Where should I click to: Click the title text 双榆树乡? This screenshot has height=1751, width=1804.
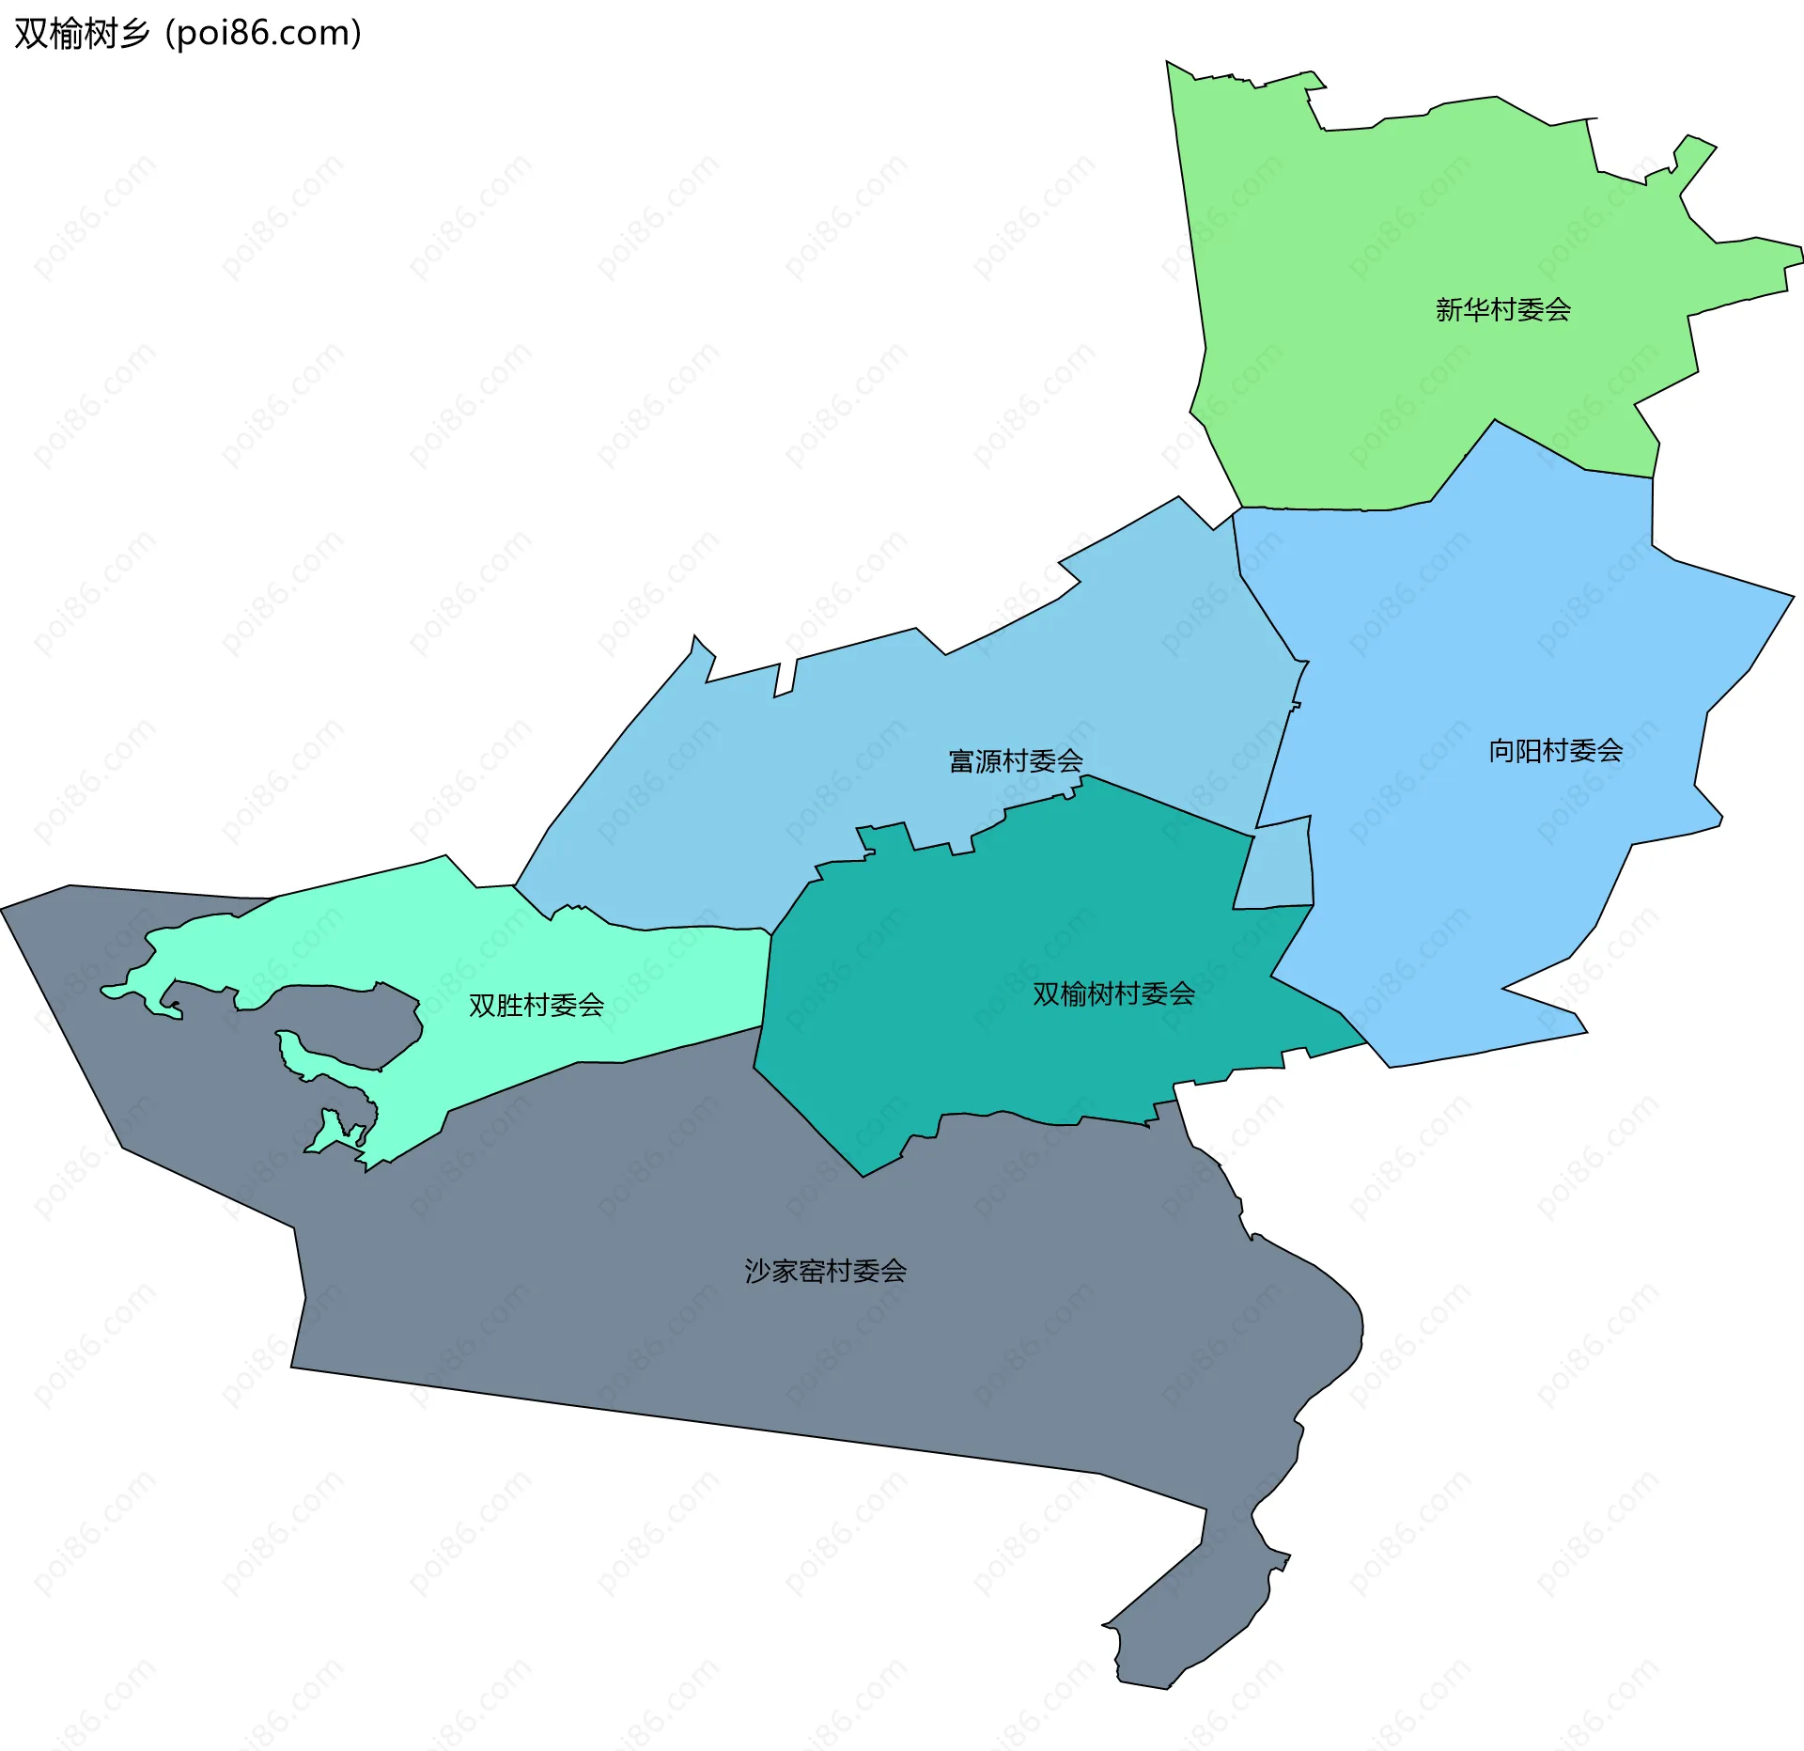click(x=83, y=34)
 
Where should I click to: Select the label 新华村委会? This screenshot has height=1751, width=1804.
click(x=1502, y=309)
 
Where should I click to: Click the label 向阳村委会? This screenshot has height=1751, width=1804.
click(x=1555, y=750)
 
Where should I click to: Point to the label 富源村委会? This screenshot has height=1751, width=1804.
click(x=1016, y=760)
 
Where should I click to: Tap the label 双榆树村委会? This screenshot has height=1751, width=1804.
click(x=1113, y=993)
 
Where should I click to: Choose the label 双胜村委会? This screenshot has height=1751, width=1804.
click(x=536, y=1005)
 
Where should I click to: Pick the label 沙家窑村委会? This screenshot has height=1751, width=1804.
click(x=825, y=1271)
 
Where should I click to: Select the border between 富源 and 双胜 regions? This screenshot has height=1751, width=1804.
click(x=658, y=929)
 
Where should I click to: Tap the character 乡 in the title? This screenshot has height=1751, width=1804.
click(x=133, y=34)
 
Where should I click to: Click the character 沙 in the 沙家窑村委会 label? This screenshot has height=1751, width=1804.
click(x=756, y=1271)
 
